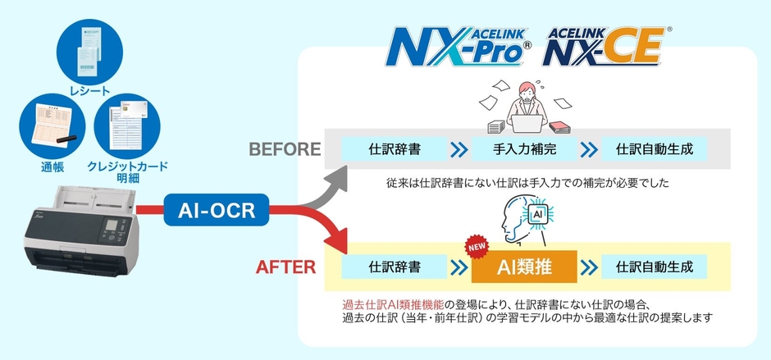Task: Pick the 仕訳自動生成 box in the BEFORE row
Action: (654, 150)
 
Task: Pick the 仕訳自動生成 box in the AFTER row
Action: (654, 267)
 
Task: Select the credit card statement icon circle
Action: (127, 130)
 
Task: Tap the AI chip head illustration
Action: (525, 216)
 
